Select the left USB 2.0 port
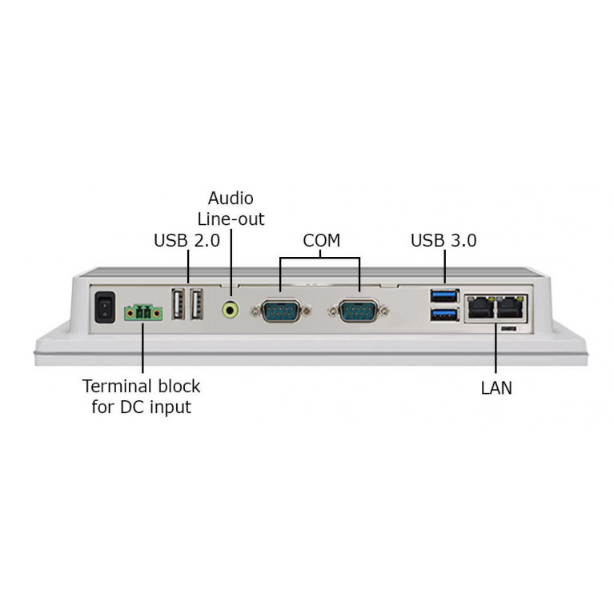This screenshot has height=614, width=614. (x=179, y=304)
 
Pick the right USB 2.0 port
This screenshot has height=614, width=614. (x=197, y=304)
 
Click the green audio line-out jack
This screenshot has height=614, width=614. (x=231, y=308)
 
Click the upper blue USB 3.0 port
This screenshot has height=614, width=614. (x=444, y=296)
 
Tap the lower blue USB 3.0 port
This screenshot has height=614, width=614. (x=444, y=315)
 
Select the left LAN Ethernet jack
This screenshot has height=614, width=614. (x=481, y=306)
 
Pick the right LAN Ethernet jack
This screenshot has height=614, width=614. (x=510, y=306)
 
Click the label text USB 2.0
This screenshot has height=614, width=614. (x=186, y=240)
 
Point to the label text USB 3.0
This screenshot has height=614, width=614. (x=443, y=240)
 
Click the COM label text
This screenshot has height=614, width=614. (x=321, y=240)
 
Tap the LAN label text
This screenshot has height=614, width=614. (x=496, y=388)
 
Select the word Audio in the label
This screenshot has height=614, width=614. (x=231, y=199)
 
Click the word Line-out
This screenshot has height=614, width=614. (x=231, y=219)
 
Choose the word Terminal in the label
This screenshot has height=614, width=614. (x=116, y=386)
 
